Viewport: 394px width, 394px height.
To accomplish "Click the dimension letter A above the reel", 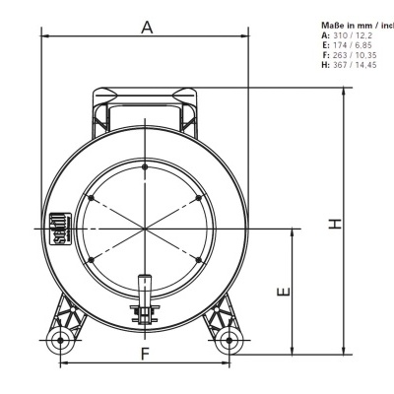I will point(147,28).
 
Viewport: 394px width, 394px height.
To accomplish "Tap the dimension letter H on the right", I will point(336,224).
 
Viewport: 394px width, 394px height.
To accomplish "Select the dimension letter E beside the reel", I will point(283,292).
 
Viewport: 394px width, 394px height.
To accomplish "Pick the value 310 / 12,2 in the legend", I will point(361,33).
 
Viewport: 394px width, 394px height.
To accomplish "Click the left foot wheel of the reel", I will point(61,341).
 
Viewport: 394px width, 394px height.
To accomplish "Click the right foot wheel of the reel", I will point(230,341).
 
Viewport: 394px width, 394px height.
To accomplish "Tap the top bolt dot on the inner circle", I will point(146,167).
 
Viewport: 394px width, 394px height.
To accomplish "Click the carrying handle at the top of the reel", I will point(146,96).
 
